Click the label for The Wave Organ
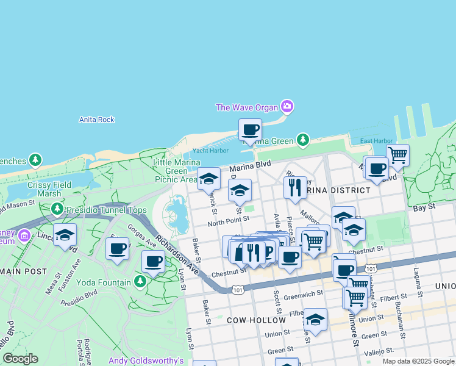tap(246, 107)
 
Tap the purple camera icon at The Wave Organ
tap(287, 107)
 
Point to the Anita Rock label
tap(97, 120)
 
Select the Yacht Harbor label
tap(210, 151)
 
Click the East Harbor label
tap(376, 141)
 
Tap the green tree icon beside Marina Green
tap(303, 141)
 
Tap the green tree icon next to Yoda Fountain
tap(140, 282)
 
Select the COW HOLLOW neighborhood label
tap(256, 320)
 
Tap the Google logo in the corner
tap(20, 359)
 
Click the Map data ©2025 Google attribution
tap(418, 361)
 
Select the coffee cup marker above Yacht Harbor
tap(250, 130)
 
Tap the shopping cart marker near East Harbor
tap(397, 154)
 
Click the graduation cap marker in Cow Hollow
tap(315, 320)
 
